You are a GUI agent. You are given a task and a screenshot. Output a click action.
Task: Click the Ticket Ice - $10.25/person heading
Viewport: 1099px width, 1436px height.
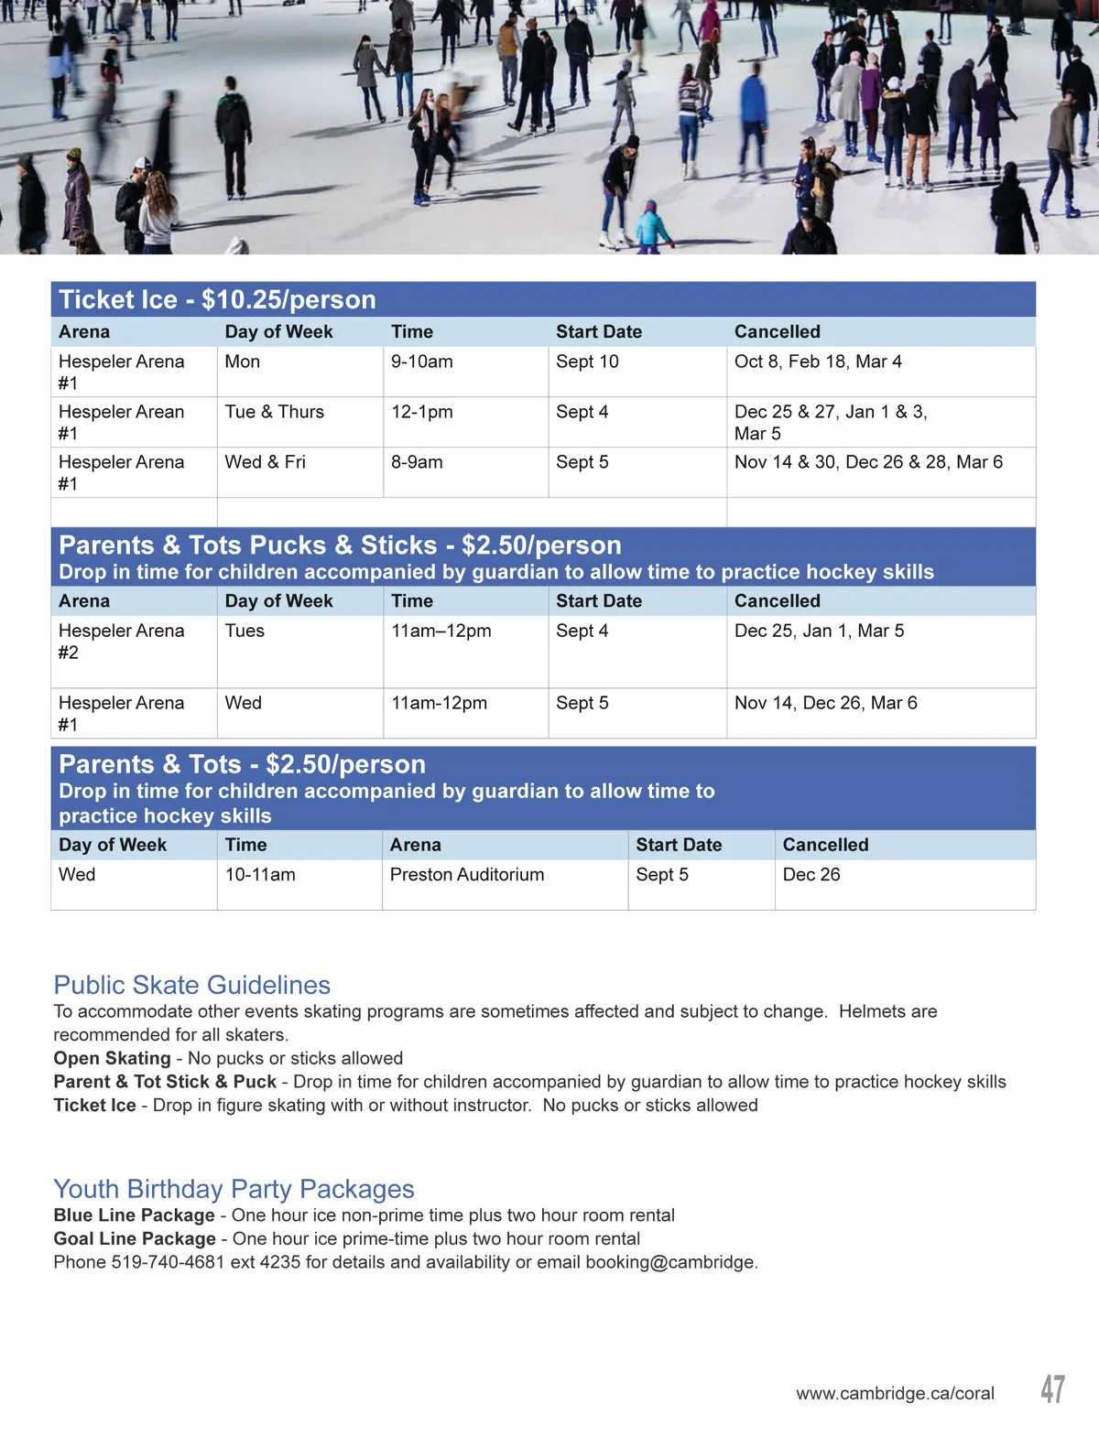click(x=217, y=300)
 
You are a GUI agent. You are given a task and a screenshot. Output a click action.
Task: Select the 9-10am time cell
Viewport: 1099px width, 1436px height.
click(x=422, y=362)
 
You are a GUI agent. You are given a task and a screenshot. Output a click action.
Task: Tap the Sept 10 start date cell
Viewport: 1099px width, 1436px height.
click(x=587, y=362)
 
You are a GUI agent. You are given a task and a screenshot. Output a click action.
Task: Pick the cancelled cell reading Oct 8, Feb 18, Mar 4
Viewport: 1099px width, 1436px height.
click(x=818, y=362)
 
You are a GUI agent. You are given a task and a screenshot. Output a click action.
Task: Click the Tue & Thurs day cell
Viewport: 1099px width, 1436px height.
click(x=275, y=412)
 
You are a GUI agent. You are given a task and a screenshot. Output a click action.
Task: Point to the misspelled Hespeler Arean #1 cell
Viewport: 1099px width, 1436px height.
click(x=121, y=422)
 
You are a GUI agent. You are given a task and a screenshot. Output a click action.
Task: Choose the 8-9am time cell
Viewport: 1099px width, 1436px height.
click(x=417, y=462)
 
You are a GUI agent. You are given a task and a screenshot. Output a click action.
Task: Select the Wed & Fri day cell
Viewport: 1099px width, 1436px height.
click(x=266, y=462)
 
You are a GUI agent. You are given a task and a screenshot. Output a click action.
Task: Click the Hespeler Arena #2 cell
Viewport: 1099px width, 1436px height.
click(x=121, y=641)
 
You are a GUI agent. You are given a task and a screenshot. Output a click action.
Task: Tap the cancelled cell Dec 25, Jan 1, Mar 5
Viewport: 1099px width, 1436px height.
click(x=819, y=631)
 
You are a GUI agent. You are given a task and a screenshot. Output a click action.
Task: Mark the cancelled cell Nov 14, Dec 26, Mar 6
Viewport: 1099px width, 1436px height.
click(x=825, y=703)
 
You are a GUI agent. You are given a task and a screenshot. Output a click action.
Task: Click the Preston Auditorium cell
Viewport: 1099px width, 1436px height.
click(x=467, y=875)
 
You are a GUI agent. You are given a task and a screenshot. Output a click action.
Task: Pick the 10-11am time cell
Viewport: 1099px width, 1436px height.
click(x=260, y=875)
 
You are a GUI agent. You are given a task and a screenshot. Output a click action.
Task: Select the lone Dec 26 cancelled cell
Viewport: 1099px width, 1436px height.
click(x=811, y=875)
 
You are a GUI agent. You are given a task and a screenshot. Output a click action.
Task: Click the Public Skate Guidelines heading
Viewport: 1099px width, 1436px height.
click(x=192, y=985)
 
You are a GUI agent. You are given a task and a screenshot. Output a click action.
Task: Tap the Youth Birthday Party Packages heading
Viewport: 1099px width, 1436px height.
click(x=234, y=1189)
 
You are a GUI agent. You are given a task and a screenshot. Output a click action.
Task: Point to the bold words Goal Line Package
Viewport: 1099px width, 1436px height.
click(x=135, y=1239)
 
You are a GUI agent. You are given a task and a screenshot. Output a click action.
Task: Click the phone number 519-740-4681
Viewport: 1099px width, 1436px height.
click(x=168, y=1262)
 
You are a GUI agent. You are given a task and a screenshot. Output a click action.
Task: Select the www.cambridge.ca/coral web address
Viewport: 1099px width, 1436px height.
click(x=895, y=1393)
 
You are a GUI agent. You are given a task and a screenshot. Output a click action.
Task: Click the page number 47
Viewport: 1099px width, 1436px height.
click(x=1052, y=1388)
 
